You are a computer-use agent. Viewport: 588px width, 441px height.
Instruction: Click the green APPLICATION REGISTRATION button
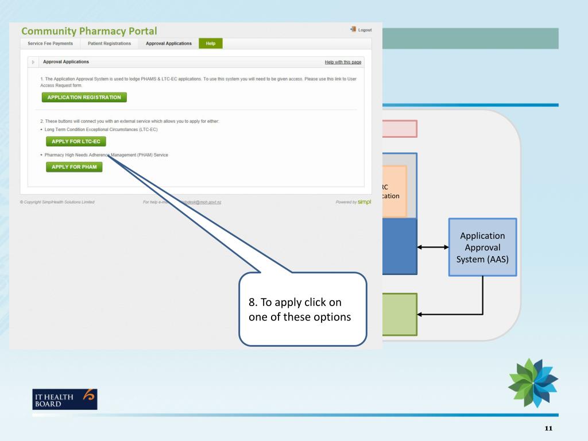(84, 97)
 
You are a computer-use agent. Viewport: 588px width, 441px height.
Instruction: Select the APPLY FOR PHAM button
(74, 167)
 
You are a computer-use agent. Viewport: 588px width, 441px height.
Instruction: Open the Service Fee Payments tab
(51, 44)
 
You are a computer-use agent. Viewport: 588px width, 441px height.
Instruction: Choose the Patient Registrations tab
(109, 44)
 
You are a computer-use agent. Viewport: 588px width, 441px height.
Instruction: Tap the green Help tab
(210, 44)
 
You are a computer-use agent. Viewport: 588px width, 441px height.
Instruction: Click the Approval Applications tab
(169, 44)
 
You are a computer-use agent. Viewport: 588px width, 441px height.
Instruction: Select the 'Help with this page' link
(343, 61)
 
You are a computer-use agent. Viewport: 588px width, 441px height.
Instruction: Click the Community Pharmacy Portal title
(89, 30)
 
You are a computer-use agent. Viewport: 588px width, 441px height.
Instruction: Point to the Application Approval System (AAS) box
(482, 247)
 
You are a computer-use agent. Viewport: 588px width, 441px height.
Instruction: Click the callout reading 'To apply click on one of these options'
(303, 309)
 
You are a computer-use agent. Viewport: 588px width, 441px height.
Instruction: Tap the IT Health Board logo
(64, 399)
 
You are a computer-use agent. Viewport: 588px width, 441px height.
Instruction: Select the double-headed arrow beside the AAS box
(433, 247)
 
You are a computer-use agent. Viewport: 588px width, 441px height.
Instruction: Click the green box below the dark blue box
(400, 314)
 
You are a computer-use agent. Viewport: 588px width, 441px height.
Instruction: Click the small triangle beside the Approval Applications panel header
(33, 61)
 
